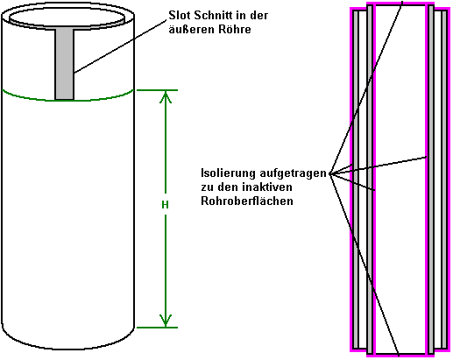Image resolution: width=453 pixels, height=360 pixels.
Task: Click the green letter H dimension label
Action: (x=165, y=205)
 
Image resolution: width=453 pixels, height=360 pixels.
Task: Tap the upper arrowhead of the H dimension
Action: (x=166, y=97)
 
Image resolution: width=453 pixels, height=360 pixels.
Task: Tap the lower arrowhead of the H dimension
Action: (x=166, y=321)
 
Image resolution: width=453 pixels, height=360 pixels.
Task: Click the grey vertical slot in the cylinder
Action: (x=65, y=64)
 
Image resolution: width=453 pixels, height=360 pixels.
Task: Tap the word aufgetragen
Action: (x=293, y=173)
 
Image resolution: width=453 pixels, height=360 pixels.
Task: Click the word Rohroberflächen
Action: (x=247, y=201)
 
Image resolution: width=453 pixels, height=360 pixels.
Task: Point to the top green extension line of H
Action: (x=157, y=90)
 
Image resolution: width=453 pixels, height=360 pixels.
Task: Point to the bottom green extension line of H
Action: (x=157, y=328)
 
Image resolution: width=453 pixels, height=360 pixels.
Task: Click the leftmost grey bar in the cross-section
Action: (x=356, y=180)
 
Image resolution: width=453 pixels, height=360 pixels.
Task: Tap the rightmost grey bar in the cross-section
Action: (x=444, y=180)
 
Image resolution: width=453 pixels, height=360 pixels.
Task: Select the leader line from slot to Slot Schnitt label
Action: (x=120, y=46)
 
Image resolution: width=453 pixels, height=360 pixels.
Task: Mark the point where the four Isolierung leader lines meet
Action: (x=330, y=173)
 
